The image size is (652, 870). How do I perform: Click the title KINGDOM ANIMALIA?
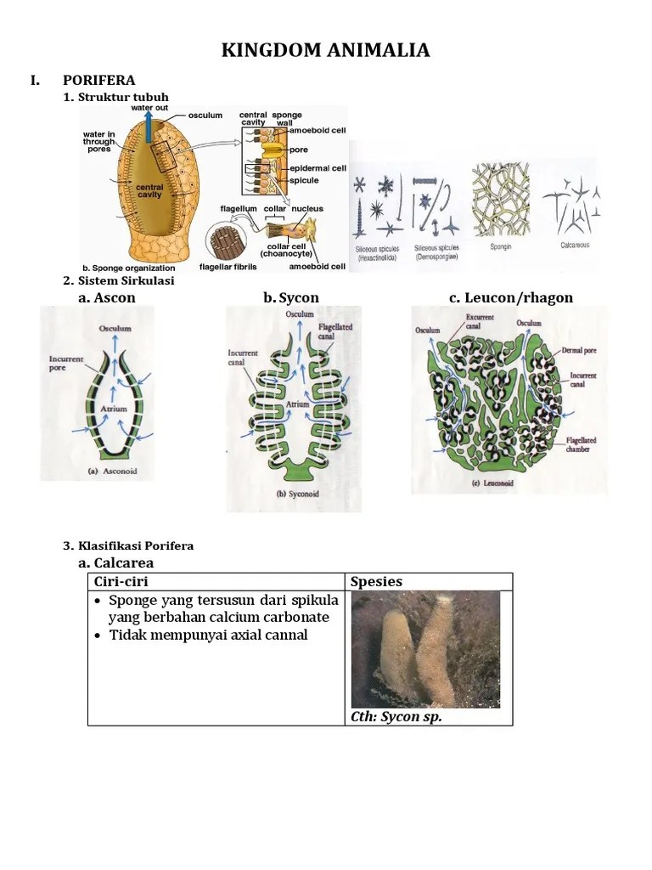(326, 51)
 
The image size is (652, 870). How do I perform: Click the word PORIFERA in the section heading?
(98, 81)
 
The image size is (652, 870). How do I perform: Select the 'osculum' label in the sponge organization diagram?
(205, 116)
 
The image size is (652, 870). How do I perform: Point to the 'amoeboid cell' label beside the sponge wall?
(318, 131)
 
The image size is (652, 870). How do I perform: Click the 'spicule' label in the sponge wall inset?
(306, 180)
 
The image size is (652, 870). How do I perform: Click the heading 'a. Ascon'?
(106, 297)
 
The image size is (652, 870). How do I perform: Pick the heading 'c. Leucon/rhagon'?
(511, 297)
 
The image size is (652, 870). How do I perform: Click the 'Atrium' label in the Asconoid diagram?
(114, 409)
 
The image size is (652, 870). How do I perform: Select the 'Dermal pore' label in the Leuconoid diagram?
(577, 349)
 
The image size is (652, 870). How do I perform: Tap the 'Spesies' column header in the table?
(377, 582)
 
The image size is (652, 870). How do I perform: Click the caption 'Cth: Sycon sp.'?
(396, 716)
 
